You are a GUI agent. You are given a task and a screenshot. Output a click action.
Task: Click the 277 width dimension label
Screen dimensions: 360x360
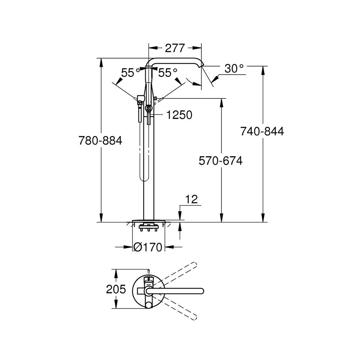pos(175,48)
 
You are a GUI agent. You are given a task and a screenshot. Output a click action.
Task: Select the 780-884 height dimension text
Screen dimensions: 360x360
pos(100,140)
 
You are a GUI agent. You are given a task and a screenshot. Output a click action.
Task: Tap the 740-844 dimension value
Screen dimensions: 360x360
pos(262,131)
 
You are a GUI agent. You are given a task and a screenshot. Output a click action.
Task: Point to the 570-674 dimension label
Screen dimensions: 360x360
pos(221,161)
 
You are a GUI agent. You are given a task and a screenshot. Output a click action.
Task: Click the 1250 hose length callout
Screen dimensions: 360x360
pos(179,115)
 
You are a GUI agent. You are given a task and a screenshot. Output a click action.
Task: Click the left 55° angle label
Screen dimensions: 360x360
pos(130,73)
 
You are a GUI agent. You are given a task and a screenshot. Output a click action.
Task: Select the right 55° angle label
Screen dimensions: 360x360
pos(168,73)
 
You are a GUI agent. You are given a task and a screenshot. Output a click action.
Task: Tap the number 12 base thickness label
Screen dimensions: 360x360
pos(192,200)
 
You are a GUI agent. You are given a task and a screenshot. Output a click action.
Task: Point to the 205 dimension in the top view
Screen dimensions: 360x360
pos(116,289)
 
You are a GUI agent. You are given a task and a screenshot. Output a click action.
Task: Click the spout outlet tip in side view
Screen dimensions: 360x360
pos(202,65)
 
